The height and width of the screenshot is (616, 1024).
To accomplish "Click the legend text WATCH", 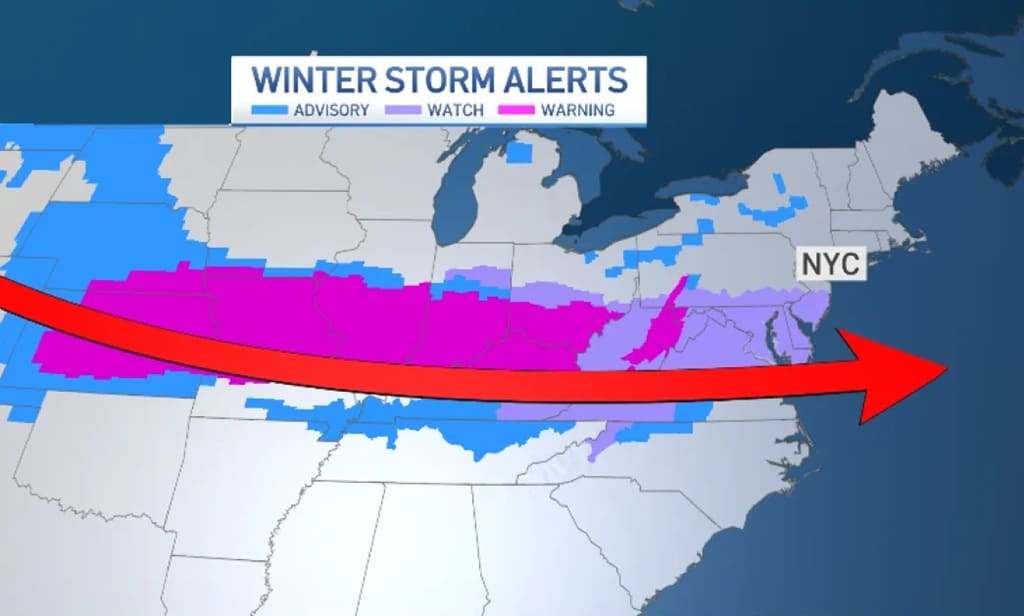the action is tap(456, 109).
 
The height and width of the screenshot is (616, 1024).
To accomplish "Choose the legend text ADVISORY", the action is tap(331, 109).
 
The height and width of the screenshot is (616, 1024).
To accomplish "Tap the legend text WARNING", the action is tap(577, 109).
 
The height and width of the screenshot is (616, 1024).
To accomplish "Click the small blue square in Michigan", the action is tap(519, 152).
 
